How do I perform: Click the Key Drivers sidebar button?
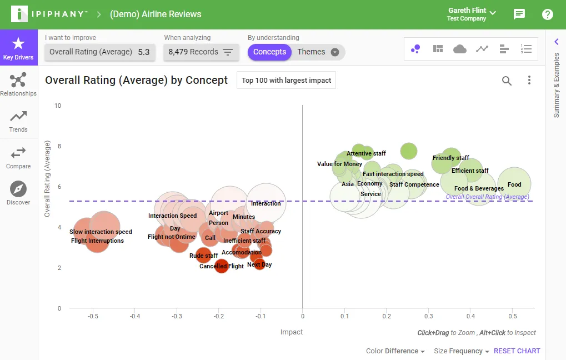pyautogui.click(x=18, y=47)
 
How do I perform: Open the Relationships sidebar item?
pyautogui.click(x=18, y=84)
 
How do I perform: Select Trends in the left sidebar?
pyautogui.click(x=18, y=121)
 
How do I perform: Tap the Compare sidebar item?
pyautogui.click(x=18, y=158)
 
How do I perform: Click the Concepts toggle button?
pyautogui.click(x=269, y=52)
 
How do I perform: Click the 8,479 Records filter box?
pyautogui.click(x=201, y=52)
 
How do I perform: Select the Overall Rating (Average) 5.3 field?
pyautogui.click(x=100, y=52)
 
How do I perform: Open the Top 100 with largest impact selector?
pyautogui.click(x=286, y=80)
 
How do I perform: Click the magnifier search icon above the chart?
pyautogui.click(x=507, y=81)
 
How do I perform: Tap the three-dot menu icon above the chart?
pyautogui.click(x=529, y=80)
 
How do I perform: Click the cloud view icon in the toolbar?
pyautogui.click(x=459, y=49)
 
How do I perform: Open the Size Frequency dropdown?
pyautogui.click(x=462, y=351)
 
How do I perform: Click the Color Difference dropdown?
pyautogui.click(x=395, y=351)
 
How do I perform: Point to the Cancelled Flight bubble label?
pyautogui.click(x=222, y=266)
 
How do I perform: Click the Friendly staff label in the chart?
pyautogui.click(x=451, y=158)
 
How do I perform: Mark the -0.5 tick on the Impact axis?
pyautogui.click(x=93, y=316)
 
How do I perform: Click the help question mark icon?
pyautogui.click(x=547, y=14)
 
